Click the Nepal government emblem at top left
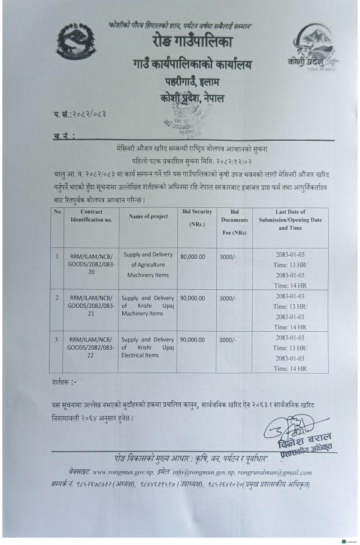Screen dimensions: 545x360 [80, 46]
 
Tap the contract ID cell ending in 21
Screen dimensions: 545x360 [88, 304]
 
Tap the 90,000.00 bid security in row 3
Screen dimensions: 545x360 [193, 338]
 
